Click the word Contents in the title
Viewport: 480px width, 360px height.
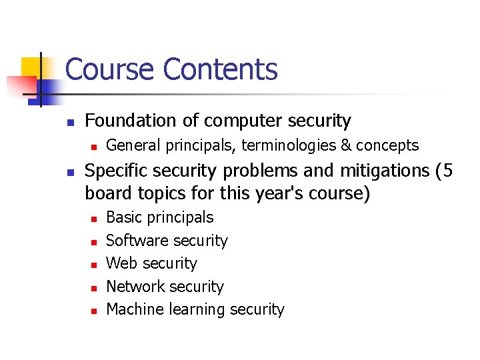click(x=220, y=69)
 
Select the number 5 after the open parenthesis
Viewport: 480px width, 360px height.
click(x=447, y=171)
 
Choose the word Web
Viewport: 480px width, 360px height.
click(x=121, y=263)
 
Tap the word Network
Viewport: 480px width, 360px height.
click(x=135, y=287)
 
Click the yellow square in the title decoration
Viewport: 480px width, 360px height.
click(x=31, y=67)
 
